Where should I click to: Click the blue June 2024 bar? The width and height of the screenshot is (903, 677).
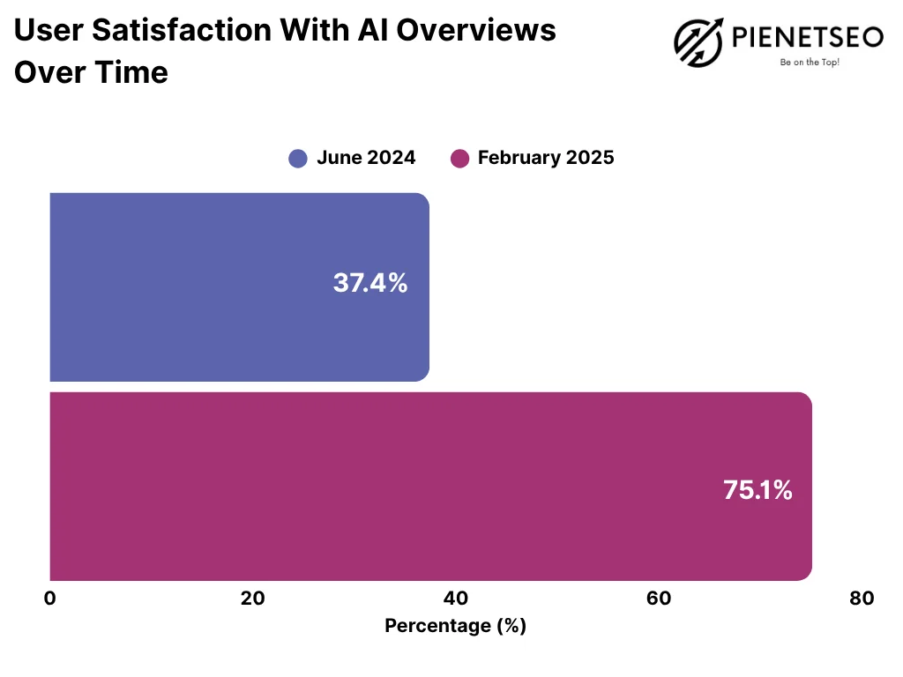pyautogui.click(x=238, y=287)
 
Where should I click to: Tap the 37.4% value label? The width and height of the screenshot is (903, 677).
pyautogui.click(x=370, y=283)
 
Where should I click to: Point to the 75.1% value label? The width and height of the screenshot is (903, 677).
pyautogui.click(x=757, y=490)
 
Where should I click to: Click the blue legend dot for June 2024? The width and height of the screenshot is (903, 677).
pyautogui.click(x=298, y=159)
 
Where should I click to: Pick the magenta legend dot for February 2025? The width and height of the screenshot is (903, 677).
pyautogui.click(x=459, y=159)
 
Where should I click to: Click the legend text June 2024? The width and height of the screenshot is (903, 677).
pyautogui.click(x=366, y=159)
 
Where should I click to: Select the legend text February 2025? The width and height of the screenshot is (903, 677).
pyautogui.click(x=546, y=159)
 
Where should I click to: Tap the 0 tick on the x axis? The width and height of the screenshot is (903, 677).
pyautogui.click(x=49, y=599)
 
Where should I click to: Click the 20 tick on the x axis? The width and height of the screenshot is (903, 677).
pyautogui.click(x=253, y=599)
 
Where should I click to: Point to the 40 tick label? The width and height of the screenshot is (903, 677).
pyautogui.click(x=456, y=599)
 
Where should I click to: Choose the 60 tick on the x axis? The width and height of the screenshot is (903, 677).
pyautogui.click(x=659, y=599)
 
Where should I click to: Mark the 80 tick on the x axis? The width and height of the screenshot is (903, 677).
pyautogui.click(x=862, y=599)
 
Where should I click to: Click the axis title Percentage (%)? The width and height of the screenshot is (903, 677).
pyautogui.click(x=455, y=626)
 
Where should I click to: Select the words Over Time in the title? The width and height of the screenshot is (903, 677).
pyautogui.click(x=90, y=72)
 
